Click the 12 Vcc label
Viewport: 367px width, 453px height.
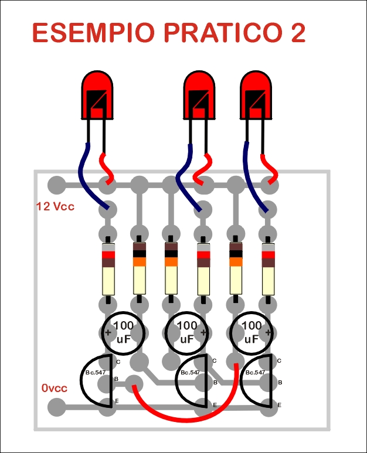pos(55,206)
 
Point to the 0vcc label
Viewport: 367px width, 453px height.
pos(55,388)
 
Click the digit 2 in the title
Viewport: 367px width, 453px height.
pos(296,33)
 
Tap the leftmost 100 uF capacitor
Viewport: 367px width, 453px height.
pos(123,333)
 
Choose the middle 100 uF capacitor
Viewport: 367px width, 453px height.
pos(186,333)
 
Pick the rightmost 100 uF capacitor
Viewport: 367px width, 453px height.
pos(251,333)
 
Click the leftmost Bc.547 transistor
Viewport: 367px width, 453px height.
pos(97,381)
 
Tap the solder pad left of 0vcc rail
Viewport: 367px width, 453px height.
pos(56,407)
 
